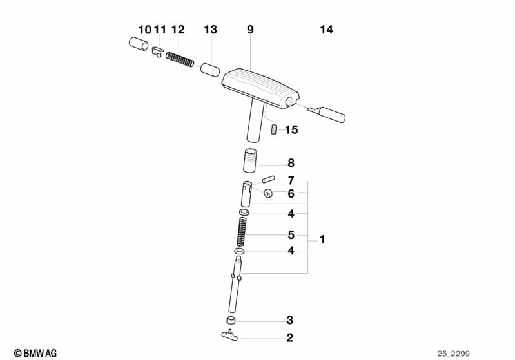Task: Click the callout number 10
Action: (x=144, y=30)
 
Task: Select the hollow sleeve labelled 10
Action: (x=139, y=44)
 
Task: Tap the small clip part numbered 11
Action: (x=158, y=52)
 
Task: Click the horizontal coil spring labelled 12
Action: (x=180, y=59)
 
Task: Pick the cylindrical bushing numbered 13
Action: (x=210, y=70)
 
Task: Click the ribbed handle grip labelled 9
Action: (x=260, y=89)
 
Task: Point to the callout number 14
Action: (x=327, y=30)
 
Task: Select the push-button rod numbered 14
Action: (x=327, y=113)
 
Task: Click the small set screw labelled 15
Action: (x=274, y=129)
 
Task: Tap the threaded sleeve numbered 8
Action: (x=250, y=161)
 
